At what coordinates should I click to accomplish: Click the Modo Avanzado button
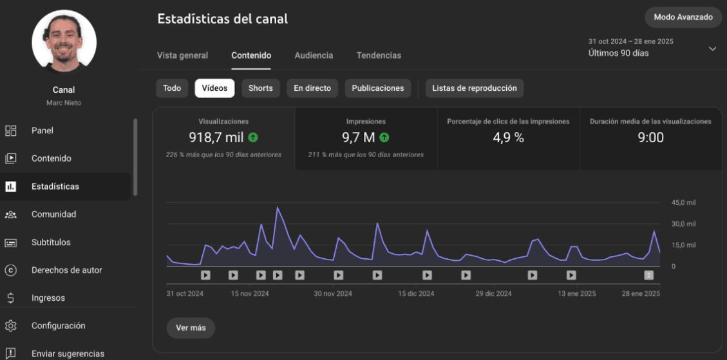[x=683, y=17]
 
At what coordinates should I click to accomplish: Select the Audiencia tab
[x=314, y=55]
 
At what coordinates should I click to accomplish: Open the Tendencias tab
[x=379, y=55]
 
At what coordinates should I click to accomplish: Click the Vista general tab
[x=182, y=55]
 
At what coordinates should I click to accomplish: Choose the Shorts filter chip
[x=260, y=88]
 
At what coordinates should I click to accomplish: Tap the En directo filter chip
[x=312, y=88]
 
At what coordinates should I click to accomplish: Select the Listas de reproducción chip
[x=474, y=88]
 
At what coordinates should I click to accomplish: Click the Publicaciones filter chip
[x=377, y=88]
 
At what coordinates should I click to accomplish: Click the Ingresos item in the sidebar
[x=48, y=298]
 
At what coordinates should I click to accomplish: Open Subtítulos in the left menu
[x=51, y=243]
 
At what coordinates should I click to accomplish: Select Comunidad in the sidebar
[x=53, y=214]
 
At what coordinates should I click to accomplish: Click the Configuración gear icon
[x=11, y=326]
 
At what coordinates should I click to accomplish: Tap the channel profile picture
[x=64, y=42]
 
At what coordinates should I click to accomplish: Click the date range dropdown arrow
[x=712, y=49]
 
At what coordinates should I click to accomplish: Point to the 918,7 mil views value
[x=216, y=137]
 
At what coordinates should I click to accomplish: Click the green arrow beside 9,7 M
[x=384, y=137]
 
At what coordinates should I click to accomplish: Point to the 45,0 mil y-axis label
[x=683, y=203]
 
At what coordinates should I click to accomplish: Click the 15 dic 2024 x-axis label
[x=416, y=294]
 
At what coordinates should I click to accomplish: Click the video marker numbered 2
[x=649, y=275]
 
